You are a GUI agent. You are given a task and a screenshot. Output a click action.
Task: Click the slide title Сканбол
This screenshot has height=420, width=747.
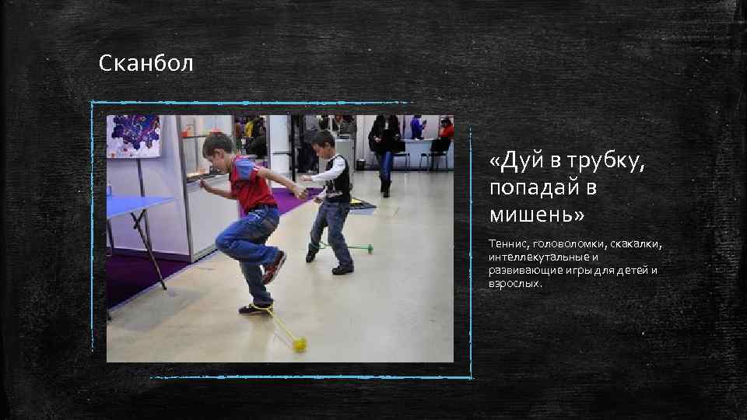[146, 62]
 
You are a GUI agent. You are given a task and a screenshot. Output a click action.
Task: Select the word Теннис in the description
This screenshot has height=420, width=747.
[507, 244]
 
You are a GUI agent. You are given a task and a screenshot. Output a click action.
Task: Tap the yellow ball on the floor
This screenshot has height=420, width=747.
[298, 343]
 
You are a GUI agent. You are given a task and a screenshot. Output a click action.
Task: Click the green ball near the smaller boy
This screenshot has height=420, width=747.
[370, 249]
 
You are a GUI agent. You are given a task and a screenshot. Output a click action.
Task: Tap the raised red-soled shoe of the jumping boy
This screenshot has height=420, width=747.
[274, 267]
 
